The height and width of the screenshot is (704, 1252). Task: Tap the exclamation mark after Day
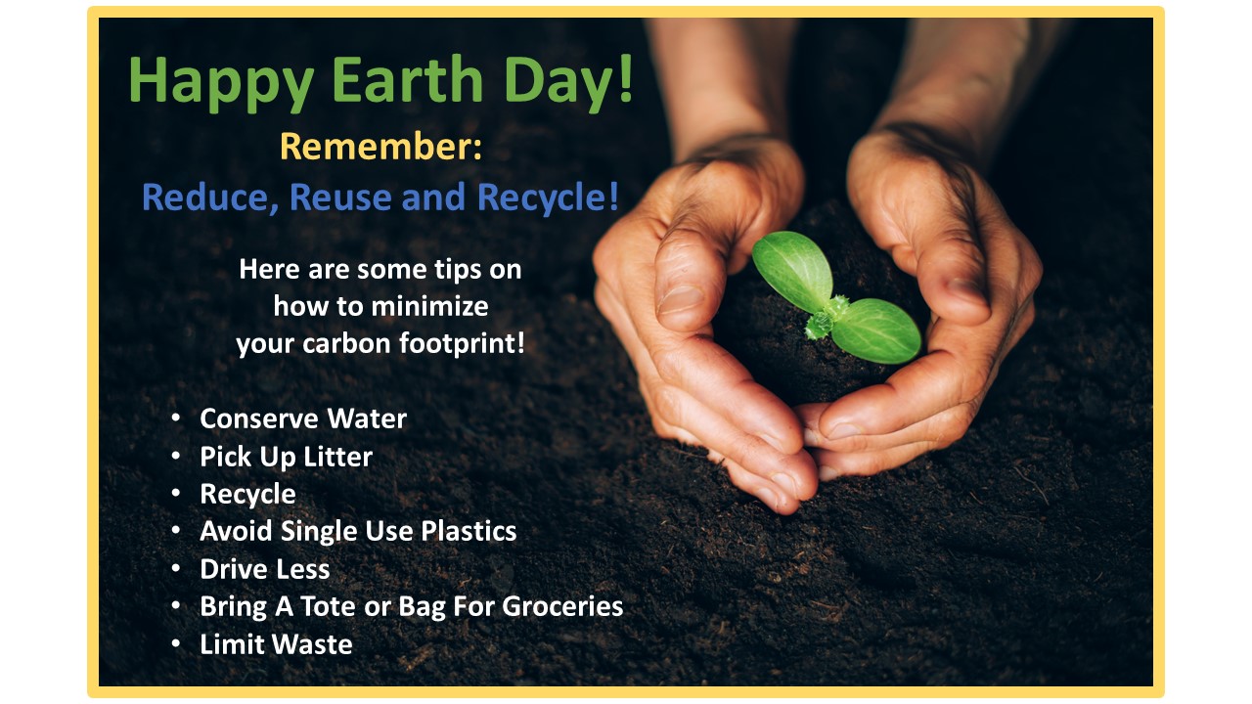point(625,77)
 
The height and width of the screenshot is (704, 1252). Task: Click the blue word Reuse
point(340,198)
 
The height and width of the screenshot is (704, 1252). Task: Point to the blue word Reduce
point(210,198)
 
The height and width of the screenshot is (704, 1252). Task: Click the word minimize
point(429,306)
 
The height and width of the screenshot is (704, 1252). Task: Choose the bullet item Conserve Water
point(303,418)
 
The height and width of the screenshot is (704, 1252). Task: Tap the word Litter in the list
point(337,457)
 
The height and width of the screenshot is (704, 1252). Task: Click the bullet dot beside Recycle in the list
point(175,494)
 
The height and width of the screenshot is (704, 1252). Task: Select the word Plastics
point(469,531)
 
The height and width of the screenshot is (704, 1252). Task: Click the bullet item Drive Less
point(264,569)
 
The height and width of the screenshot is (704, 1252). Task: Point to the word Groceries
point(562,606)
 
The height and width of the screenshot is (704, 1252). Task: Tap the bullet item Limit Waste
point(276,644)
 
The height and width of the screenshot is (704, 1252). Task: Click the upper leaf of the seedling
point(793,271)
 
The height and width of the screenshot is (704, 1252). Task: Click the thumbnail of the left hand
point(678,299)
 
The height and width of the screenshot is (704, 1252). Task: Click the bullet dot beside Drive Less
point(175,569)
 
